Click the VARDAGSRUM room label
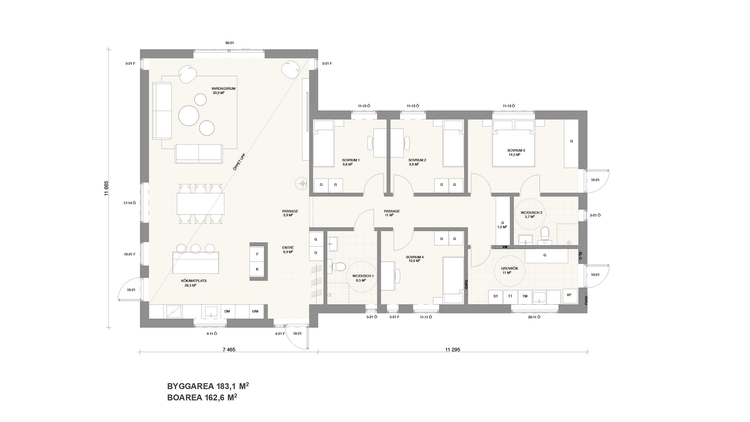pos(223,89)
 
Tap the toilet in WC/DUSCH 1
pos(340,267)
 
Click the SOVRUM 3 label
pos(516,150)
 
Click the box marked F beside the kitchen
pos(257,254)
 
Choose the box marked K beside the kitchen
pos(257,269)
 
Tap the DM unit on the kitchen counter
pos(227,311)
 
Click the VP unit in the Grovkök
pos(569,295)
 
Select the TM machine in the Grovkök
pos(525,296)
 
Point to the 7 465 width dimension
pos(229,350)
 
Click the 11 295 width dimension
pos(453,350)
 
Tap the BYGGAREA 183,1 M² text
pos(208,386)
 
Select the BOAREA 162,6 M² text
pos(202,398)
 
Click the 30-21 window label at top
pos(229,43)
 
